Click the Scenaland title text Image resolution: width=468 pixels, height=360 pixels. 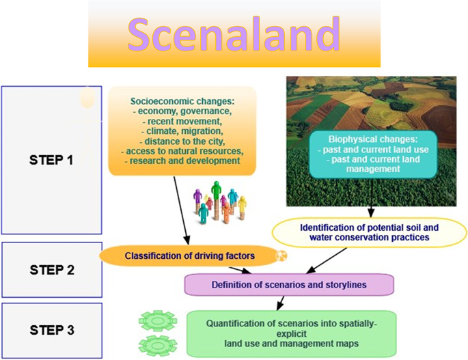(x=234, y=33)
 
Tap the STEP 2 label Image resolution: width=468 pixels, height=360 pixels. (x=51, y=269)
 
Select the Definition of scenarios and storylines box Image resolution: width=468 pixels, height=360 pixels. (x=290, y=283)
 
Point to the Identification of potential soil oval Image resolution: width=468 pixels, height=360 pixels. (x=369, y=232)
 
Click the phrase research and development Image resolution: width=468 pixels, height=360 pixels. (x=182, y=161)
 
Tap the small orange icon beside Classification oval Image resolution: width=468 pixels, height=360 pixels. (x=280, y=255)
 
